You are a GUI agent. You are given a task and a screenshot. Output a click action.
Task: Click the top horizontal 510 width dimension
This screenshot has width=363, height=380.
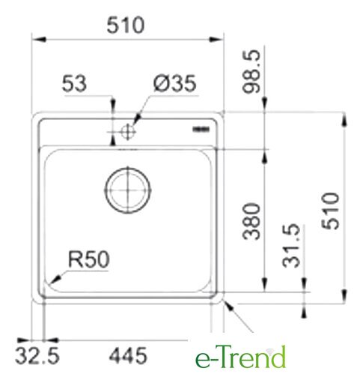(126, 25)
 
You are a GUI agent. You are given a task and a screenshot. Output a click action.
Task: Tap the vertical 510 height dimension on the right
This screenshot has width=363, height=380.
(331, 211)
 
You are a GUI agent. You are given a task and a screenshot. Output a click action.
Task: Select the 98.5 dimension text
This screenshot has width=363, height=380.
(251, 71)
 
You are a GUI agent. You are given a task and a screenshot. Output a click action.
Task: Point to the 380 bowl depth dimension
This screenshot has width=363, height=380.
(251, 221)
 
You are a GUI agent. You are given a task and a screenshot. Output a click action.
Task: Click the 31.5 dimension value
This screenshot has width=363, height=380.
(291, 246)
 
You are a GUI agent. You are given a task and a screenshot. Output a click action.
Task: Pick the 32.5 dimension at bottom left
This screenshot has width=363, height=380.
(37, 355)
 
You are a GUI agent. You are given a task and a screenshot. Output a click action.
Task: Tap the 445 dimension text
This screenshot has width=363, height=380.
(128, 355)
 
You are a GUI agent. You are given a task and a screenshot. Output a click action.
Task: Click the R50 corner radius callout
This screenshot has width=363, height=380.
(89, 259)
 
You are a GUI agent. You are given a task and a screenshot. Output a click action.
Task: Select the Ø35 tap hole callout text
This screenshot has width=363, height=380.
(174, 83)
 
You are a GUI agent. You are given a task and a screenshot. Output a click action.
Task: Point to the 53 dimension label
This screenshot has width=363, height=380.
(74, 83)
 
